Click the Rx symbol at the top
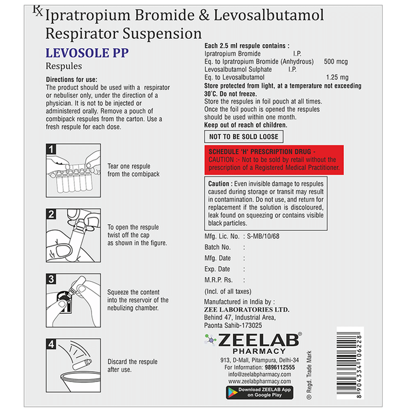click(x=37, y=11)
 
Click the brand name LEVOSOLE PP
click(x=87, y=53)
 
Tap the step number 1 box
click(x=51, y=149)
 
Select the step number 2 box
click(x=51, y=214)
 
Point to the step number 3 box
click(x=51, y=279)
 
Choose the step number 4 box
click(x=51, y=344)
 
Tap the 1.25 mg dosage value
click(x=337, y=77)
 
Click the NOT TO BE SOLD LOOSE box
click(x=244, y=137)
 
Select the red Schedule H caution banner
click(x=273, y=160)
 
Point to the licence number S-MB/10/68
click(x=264, y=235)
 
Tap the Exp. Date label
click(x=218, y=269)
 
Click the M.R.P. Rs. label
click(x=219, y=280)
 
